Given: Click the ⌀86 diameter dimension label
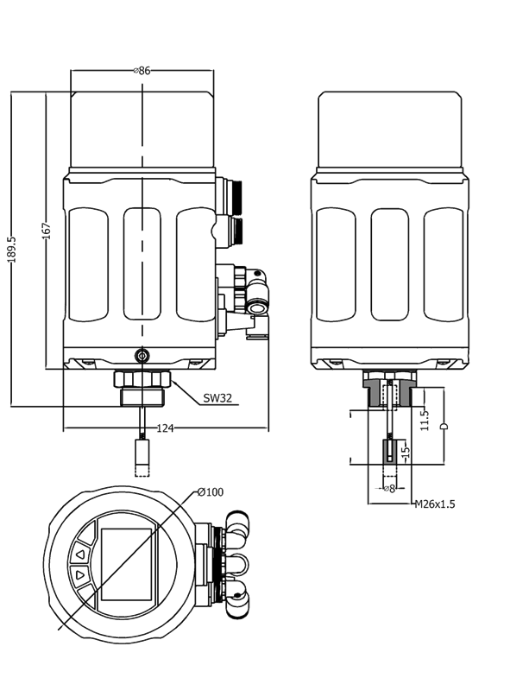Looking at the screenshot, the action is click(142, 71).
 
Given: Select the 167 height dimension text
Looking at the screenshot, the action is click(47, 231).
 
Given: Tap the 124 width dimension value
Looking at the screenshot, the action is click(165, 428).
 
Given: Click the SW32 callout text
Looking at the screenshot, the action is click(217, 398).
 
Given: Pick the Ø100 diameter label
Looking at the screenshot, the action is click(211, 492).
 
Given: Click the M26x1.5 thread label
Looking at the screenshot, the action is click(435, 504).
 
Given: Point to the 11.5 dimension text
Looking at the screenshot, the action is click(425, 420).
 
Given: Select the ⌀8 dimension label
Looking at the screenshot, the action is click(389, 489).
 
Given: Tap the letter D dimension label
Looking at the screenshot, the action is click(444, 427).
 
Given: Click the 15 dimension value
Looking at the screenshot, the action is click(405, 451).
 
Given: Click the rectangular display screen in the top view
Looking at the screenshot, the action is click(126, 564).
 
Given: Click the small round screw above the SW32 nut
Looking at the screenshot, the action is click(142, 355).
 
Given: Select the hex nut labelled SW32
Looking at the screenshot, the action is click(142, 378).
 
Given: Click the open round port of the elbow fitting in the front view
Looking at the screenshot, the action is click(255, 307).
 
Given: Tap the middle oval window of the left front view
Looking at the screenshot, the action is click(142, 263).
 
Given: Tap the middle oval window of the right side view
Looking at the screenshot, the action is click(389, 264).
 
